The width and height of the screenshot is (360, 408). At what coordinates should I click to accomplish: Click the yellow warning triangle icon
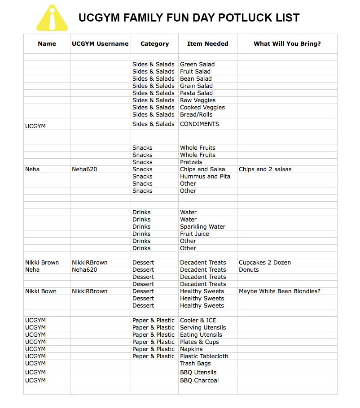coord(52,19)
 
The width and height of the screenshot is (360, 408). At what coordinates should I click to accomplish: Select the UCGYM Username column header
coord(100,44)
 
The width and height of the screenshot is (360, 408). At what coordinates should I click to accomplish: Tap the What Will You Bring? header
coord(287,44)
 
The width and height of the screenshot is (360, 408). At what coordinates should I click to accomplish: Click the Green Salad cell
coord(197,65)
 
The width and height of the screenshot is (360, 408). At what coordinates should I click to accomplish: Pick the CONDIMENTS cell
coord(199,124)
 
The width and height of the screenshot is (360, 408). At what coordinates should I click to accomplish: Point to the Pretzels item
coord(191,162)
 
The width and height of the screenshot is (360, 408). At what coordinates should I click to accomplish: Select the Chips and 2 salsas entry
coord(265,169)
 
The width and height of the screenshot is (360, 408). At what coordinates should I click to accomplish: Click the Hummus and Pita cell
coord(205,177)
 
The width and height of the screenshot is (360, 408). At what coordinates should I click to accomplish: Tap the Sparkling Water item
coord(202,227)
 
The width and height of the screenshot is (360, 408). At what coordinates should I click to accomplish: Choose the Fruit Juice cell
coord(194,234)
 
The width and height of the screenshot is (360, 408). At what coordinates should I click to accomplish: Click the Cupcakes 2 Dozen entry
coord(264,263)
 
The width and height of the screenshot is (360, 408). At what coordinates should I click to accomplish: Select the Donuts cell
coord(249,270)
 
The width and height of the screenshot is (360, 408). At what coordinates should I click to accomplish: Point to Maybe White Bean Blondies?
coord(279,291)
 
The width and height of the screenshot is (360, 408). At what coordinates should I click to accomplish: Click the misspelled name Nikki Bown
coord(41,291)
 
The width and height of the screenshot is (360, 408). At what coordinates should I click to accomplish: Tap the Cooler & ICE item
coord(198,321)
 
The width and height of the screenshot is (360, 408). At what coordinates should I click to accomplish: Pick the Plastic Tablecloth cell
coord(204,356)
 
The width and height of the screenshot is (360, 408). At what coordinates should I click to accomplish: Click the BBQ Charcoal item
coord(199,381)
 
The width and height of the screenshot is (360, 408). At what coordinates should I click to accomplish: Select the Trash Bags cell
coord(196,364)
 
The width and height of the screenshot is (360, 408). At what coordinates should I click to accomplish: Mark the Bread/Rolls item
coord(196,115)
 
